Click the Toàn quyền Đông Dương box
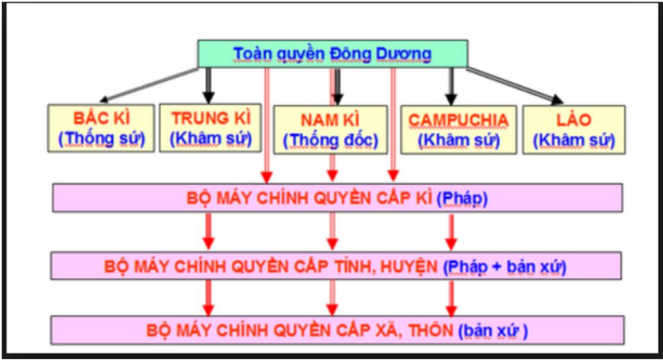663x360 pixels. (332, 54)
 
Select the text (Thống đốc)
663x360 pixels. (330, 140)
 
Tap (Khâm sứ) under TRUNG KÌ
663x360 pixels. (210, 139)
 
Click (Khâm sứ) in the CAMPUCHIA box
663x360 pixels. (458, 140)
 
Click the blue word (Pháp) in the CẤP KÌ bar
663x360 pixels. (462, 198)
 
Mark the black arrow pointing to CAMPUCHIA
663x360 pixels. (451, 85)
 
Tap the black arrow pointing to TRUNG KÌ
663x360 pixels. (208, 84)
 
